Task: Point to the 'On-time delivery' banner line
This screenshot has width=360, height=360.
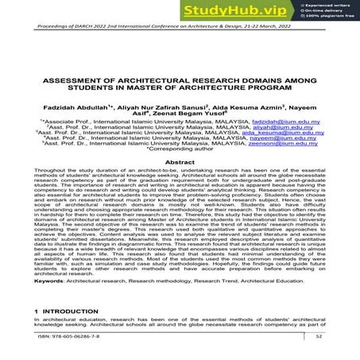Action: pyautogui.click(x=327, y=11)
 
